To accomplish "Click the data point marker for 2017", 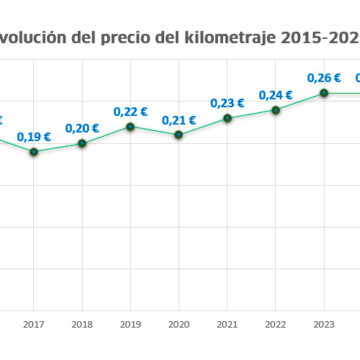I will pyautogui.click(x=34, y=152).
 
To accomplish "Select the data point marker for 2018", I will pyautogui.click(x=82, y=143).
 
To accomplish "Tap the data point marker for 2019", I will pyautogui.click(x=130, y=126).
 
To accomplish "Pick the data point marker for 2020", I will pyautogui.click(x=179, y=134).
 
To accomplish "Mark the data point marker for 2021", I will pyautogui.click(x=227, y=118).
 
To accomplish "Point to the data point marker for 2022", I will pyautogui.click(x=275, y=109).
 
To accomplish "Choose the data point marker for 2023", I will pyautogui.click(x=323, y=93).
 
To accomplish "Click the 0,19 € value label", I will pyautogui.click(x=34, y=137).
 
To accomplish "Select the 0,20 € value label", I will pyautogui.click(x=82, y=128).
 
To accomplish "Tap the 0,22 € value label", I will pyautogui.click(x=130, y=111).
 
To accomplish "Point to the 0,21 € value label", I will pyautogui.click(x=179, y=119).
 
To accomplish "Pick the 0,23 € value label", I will pyautogui.click(x=227, y=102).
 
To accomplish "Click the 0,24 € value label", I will pyautogui.click(x=275, y=94).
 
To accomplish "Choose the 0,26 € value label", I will pyautogui.click(x=323, y=77).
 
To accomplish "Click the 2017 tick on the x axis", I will pyautogui.click(x=34, y=323).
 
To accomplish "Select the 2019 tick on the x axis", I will pyautogui.click(x=130, y=323).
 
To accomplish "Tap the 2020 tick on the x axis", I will pyautogui.click(x=179, y=323).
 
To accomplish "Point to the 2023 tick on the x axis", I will pyautogui.click(x=323, y=323).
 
